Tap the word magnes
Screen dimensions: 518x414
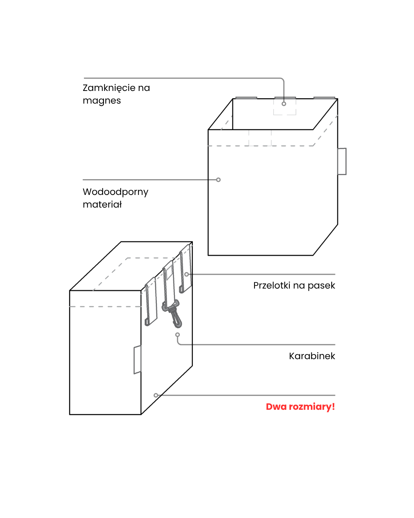click(x=102, y=101)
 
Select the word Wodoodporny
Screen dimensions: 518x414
click(x=115, y=192)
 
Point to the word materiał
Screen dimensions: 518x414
click(x=102, y=205)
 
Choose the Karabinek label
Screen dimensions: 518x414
click(x=312, y=356)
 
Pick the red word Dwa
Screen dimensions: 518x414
click(x=276, y=407)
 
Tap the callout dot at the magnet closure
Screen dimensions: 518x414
click(x=284, y=104)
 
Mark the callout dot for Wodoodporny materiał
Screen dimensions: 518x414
click(x=218, y=180)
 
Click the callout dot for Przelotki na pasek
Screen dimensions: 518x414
click(x=187, y=274)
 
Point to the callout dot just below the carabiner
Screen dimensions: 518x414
click(x=177, y=335)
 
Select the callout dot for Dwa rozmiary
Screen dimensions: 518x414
click(x=156, y=395)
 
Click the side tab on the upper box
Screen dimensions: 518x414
click(x=342, y=161)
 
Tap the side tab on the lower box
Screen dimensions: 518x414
click(x=137, y=360)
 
